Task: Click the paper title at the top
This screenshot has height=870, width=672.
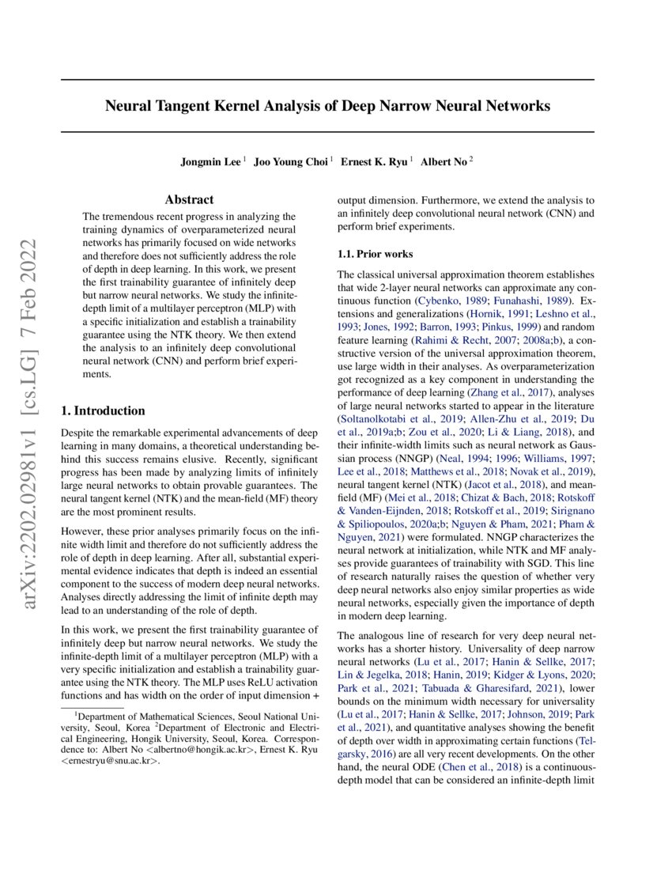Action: tap(327, 105)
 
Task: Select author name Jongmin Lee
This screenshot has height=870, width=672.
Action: tap(211, 162)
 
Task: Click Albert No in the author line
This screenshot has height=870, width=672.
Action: tap(444, 162)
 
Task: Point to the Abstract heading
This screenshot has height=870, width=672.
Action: tap(189, 200)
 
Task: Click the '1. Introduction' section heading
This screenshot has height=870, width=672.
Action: tap(104, 410)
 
